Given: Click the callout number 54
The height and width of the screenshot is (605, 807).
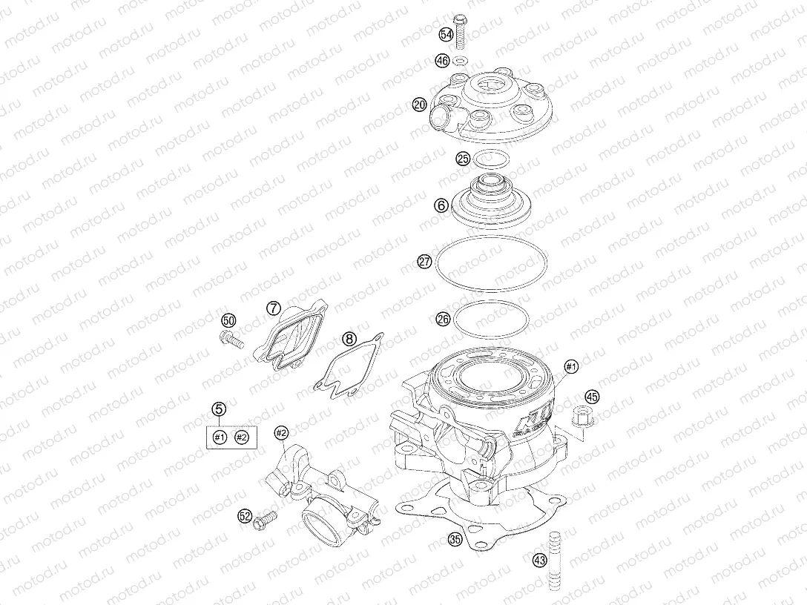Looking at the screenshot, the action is [447, 35].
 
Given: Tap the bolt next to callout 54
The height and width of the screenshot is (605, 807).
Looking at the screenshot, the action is [460, 32].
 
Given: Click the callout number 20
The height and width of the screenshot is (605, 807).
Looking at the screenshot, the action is [420, 105].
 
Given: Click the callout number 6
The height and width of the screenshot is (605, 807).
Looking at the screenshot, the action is [441, 206].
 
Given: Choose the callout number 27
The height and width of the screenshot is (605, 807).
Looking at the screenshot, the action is [424, 262].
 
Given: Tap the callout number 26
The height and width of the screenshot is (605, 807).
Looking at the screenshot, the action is [443, 320].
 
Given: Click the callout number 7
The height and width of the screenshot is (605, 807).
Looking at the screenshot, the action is [273, 308].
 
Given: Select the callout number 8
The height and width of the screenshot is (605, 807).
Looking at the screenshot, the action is [349, 339].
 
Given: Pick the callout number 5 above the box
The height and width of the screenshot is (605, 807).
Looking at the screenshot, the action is [219, 409].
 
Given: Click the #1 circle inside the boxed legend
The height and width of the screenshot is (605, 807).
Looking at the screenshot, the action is [220, 437].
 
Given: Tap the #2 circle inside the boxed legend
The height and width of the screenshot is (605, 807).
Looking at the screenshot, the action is [241, 437].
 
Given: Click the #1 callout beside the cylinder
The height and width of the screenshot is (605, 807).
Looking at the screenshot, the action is [571, 367].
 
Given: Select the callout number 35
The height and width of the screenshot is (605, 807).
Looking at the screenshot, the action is [455, 540].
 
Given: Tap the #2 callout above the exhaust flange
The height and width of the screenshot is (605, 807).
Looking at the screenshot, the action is [280, 433].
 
